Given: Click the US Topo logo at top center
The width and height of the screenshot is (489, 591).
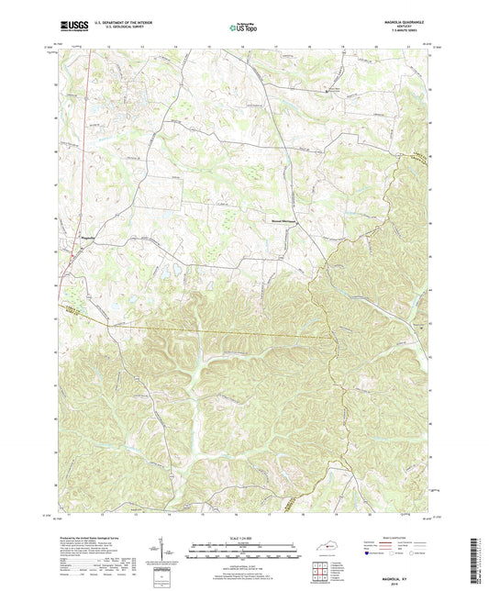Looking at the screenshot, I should pos(244,28).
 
